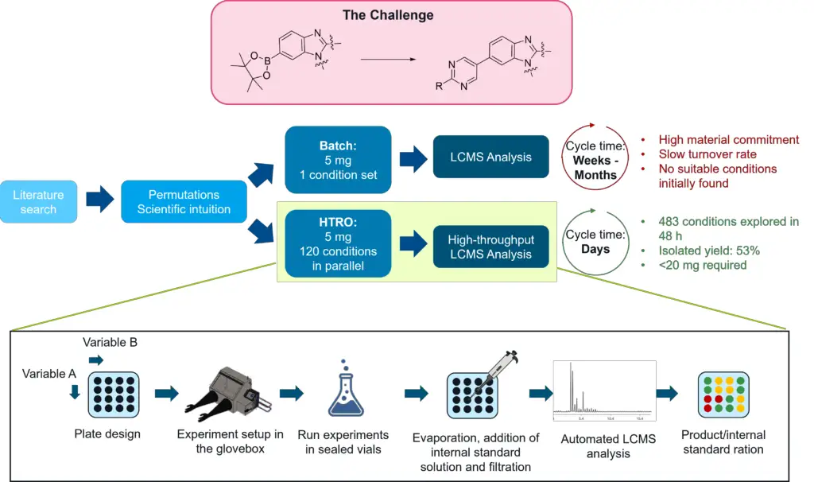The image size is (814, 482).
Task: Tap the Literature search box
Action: [38, 202]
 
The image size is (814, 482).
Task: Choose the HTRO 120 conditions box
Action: [338, 243]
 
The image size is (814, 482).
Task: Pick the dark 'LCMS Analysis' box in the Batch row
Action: [491, 157]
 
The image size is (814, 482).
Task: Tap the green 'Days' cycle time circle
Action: [595, 242]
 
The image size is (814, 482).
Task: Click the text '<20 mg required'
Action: [694, 265]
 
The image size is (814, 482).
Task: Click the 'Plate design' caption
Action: [106, 434]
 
